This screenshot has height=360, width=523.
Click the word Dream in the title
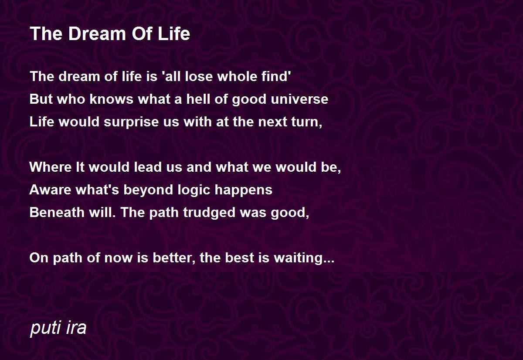[x=97, y=34]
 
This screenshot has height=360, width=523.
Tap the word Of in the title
[x=142, y=34]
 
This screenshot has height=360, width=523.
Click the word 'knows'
[x=112, y=99]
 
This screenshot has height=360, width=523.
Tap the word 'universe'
[x=299, y=99]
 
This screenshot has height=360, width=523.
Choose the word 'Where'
[x=51, y=167]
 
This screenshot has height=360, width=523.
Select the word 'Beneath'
[x=57, y=212]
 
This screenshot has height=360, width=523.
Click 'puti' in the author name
[x=45, y=328]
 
